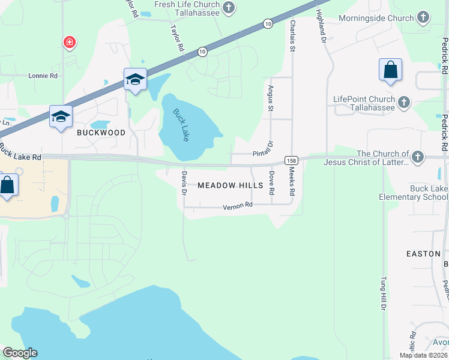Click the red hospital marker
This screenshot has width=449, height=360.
[x=70, y=42]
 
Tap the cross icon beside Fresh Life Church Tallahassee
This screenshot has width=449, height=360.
[x=228, y=8]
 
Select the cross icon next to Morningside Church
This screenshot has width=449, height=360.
[x=423, y=17]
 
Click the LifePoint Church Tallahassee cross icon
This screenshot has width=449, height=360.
[x=403, y=102]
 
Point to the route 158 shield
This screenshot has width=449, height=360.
[x=291, y=161]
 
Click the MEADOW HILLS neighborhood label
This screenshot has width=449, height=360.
[x=231, y=185]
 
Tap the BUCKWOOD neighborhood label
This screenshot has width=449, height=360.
[x=101, y=133]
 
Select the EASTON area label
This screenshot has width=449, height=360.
[x=423, y=254]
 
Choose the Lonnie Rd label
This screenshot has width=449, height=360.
[x=43, y=76]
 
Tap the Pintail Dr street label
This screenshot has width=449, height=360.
[x=263, y=150]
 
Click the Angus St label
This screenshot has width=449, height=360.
[x=270, y=98]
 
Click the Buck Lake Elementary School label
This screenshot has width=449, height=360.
[x=414, y=193]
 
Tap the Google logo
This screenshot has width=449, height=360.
[x=20, y=353]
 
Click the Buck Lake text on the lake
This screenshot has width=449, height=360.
[x=181, y=124]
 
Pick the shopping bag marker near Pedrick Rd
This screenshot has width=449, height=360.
[x=390, y=70]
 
